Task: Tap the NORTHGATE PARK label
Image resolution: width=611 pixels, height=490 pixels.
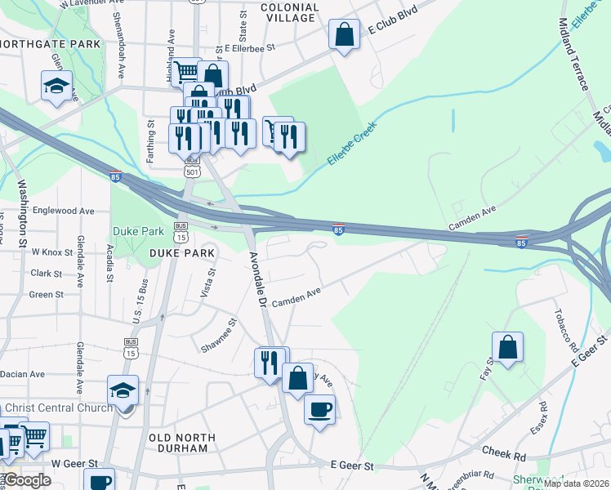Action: (51, 43)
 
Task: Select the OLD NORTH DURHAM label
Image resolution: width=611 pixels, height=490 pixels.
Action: (183, 443)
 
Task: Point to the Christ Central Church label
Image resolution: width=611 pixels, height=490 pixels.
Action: (56, 408)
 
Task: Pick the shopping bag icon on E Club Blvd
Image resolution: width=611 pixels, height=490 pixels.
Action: (345, 34)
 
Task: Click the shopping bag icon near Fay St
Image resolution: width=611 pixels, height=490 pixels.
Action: (508, 346)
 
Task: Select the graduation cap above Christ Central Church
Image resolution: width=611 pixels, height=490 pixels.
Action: (123, 390)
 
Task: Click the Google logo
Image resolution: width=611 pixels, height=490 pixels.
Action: (26, 480)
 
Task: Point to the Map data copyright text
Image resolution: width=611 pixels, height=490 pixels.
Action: (576, 483)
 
